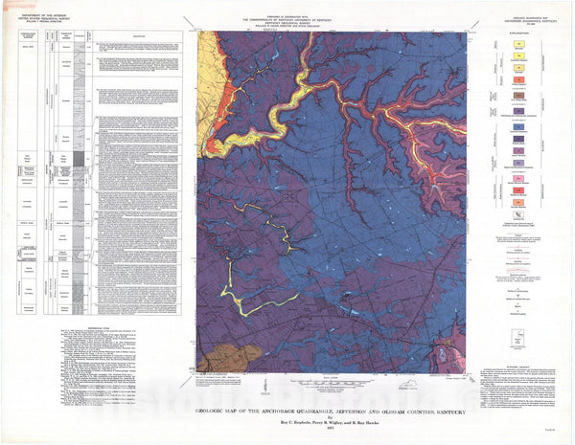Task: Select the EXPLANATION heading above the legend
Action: coord(521,41)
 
